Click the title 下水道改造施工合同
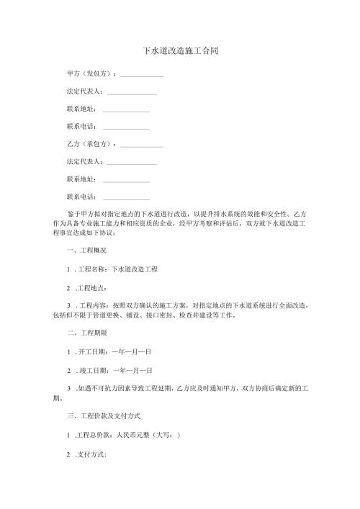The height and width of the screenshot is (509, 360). [x=180, y=52]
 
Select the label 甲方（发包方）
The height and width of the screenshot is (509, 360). [x=91, y=73]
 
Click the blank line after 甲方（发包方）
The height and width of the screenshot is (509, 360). [x=142, y=75]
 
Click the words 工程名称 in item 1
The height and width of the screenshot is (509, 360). [x=92, y=269]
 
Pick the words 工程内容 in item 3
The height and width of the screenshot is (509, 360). [x=92, y=305]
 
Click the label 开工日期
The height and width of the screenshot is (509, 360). [x=92, y=352]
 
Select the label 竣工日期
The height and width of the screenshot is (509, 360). [x=92, y=370]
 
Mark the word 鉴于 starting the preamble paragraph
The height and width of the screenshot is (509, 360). [x=73, y=214]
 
